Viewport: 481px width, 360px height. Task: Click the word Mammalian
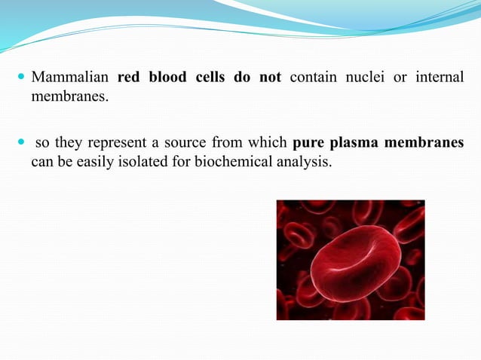(x=69, y=78)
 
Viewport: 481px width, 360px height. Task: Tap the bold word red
(x=130, y=78)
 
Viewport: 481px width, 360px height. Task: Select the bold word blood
(x=170, y=78)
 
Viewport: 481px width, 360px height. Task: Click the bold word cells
(x=214, y=78)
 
